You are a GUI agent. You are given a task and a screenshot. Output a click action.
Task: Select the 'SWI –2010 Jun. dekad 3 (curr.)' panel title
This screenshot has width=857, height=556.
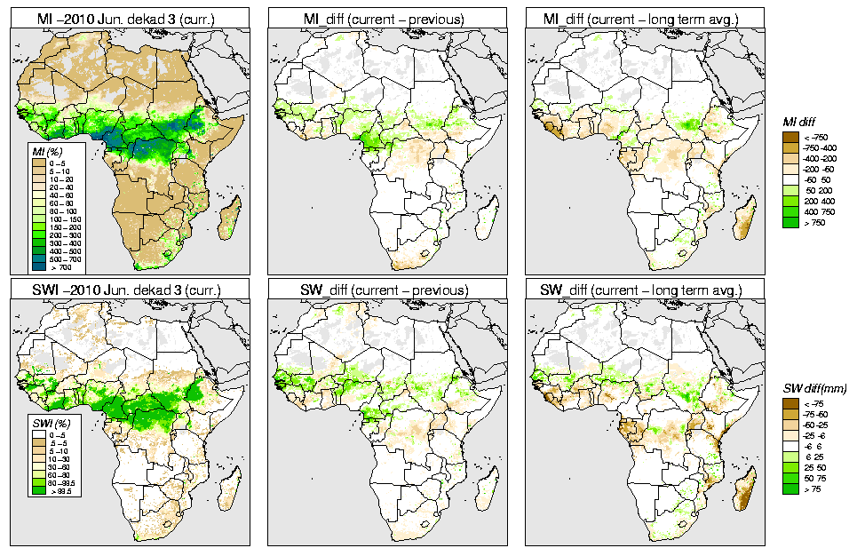point(129,290)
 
